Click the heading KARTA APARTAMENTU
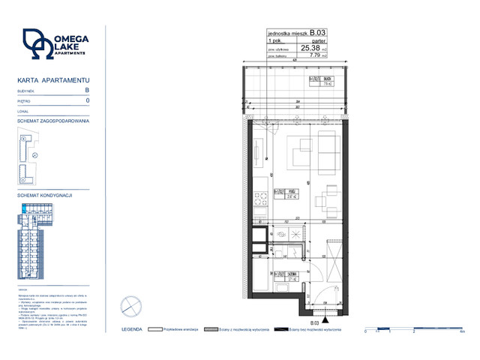[53, 79]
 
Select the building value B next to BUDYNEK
[87, 90]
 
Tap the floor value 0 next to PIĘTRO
[88, 100]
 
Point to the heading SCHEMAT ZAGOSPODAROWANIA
[53, 121]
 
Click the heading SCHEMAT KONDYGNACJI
[44, 195]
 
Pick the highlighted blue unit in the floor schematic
[25, 208]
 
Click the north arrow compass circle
[130, 307]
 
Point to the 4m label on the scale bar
[463, 331]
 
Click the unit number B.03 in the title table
[319, 33]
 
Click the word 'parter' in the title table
[321, 40]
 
